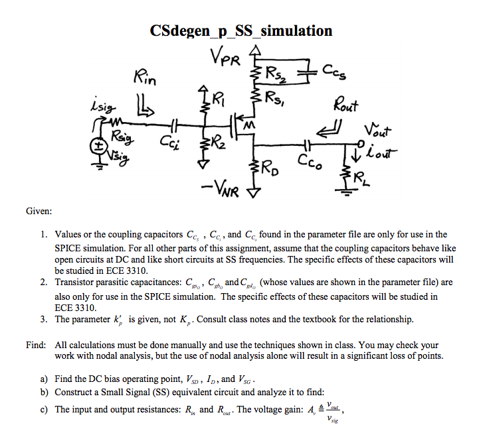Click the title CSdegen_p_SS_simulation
(241, 31)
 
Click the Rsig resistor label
(122, 139)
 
